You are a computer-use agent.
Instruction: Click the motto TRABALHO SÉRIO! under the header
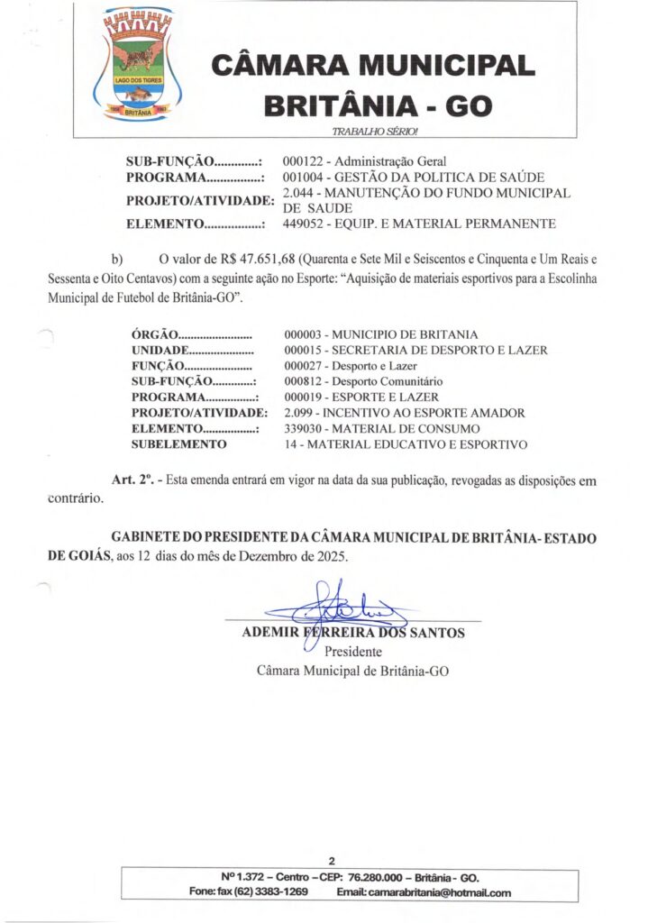tap(375, 132)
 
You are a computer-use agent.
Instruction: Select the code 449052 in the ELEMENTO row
tap(303, 224)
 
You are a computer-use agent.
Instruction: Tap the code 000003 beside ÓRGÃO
tap(303, 334)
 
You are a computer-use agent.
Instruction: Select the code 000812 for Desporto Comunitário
tap(303, 381)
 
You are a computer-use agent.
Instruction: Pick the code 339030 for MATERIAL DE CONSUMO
tap(303, 428)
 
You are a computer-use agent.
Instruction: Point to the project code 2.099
tap(298, 413)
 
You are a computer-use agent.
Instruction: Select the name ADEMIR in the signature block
tap(270, 633)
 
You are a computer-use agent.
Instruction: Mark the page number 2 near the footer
tap(332, 860)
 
